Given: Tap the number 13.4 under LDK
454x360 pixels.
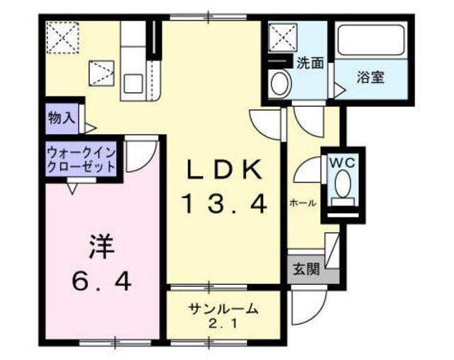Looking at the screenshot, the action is [x=224, y=204].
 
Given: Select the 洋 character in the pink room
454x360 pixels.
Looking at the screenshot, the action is [x=101, y=247].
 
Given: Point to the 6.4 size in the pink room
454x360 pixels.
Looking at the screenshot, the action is [x=101, y=282].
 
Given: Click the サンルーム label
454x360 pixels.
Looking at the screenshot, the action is [x=223, y=310].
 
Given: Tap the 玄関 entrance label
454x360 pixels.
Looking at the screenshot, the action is [x=306, y=269].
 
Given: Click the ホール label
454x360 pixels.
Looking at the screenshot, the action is [x=303, y=203].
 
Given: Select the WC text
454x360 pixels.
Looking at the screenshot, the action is [x=343, y=164].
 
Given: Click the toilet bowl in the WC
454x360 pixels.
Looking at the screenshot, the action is [x=343, y=184].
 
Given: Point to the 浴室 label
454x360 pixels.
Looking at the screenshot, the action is [x=370, y=77].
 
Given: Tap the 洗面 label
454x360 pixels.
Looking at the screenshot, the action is [x=310, y=63].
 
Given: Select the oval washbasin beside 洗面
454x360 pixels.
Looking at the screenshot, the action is [x=279, y=84].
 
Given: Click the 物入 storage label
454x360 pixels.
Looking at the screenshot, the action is [x=62, y=118].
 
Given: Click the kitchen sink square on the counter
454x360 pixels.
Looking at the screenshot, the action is [x=133, y=84].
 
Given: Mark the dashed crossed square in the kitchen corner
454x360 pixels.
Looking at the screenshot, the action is [x=63, y=38].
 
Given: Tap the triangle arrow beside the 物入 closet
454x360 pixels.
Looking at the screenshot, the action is [x=90, y=128].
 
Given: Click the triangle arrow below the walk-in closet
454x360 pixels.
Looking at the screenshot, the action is [x=72, y=189].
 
